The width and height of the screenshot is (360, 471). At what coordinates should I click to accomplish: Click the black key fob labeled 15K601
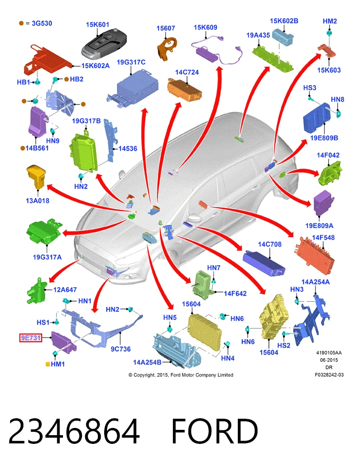coord(104,44)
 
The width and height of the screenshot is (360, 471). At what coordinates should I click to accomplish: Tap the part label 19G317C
coord(131,62)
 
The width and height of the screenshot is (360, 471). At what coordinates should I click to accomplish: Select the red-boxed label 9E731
coord(31,338)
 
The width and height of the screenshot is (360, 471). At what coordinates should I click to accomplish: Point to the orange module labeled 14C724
coord(185,89)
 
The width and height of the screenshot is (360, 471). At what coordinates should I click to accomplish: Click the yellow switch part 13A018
coord(36,176)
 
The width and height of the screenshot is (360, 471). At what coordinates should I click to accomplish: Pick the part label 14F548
coord(323,238)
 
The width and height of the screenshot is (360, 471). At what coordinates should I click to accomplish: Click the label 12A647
coord(65,290)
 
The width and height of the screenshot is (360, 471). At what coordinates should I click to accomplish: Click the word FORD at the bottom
coord(215,431)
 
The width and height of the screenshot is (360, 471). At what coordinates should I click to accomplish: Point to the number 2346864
coord(74,431)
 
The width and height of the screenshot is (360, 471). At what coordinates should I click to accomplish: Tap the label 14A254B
coord(147,363)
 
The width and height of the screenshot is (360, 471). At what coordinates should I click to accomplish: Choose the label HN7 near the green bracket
coord(214,268)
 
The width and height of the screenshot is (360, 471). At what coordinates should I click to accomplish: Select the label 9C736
coord(121,349)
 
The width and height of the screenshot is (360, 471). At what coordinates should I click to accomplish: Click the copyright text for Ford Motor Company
coord(181,375)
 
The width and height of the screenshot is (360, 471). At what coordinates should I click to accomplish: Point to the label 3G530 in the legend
coord(42,23)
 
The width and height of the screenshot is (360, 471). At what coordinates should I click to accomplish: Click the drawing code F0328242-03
coord(329,375)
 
